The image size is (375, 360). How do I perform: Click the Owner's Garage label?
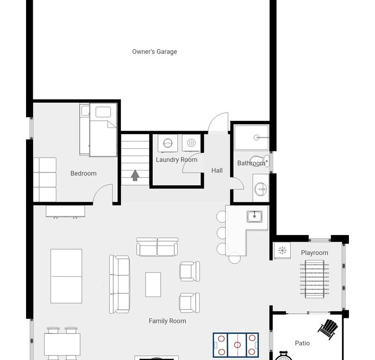point(155,52)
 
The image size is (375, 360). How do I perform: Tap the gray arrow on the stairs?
point(135,175)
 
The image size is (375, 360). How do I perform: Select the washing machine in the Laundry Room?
point(168,143)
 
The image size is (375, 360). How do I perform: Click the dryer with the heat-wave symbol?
point(191,143)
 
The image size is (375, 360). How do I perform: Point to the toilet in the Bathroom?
point(259,161)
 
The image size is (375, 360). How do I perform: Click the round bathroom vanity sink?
point(260,189)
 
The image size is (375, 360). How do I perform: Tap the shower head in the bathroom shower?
point(256,137)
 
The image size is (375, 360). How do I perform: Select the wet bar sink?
point(255,216)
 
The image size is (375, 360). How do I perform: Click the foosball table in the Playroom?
point(314,279)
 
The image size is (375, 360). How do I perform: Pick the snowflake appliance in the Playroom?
point(282,251)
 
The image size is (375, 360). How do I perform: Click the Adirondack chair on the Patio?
point(328,329)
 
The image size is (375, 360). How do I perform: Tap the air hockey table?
point(236,345)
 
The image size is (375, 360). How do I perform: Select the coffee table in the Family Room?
point(153,285)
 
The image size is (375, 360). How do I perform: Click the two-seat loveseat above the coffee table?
point(157,247)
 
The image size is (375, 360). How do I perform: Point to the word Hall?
point(217,171)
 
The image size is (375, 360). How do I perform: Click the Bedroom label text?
point(83,173)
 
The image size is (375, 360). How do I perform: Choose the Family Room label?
point(167,321)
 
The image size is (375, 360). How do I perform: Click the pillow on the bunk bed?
point(103,112)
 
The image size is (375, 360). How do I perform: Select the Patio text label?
point(302,343)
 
